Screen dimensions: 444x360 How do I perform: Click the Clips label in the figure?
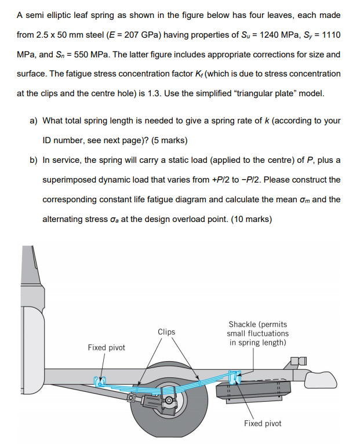[166, 332]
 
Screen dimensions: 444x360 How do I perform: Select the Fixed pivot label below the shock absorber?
[263, 424]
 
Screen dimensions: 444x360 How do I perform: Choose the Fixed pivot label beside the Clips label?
[106, 347]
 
